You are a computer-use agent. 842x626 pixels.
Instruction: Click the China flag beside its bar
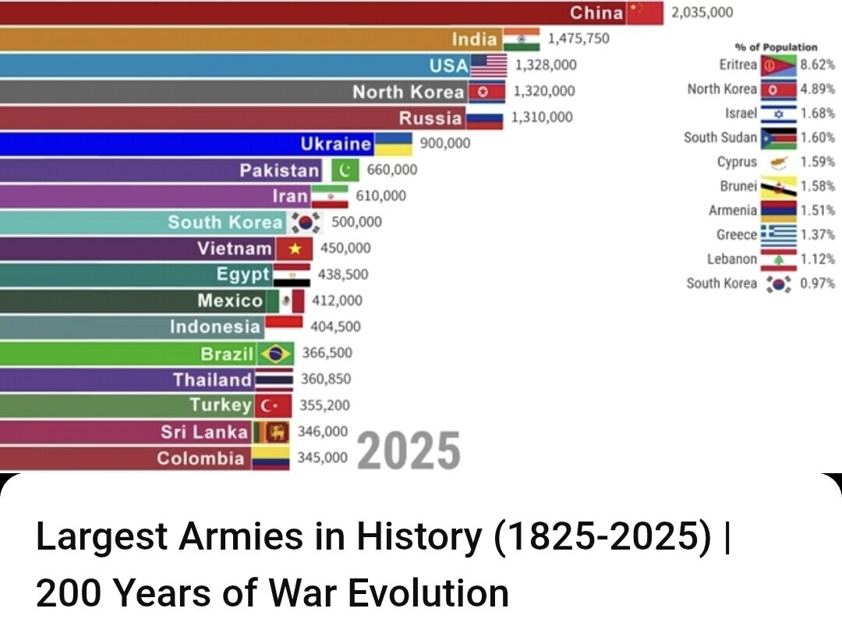click(x=644, y=12)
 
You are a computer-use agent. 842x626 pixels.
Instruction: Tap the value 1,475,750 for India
click(x=578, y=38)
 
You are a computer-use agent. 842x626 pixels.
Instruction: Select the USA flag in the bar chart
click(x=489, y=65)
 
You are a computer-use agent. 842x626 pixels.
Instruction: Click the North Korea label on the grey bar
click(x=408, y=92)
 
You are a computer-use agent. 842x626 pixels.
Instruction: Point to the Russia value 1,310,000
click(x=542, y=118)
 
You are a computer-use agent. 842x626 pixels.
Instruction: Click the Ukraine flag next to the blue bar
click(x=394, y=143)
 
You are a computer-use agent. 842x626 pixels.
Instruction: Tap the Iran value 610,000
click(x=381, y=196)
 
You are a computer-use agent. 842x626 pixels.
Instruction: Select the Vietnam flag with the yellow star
click(x=295, y=249)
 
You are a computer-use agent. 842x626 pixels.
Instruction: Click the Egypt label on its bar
click(x=243, y=274)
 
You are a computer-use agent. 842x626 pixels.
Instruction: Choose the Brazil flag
click(x=275, y=353)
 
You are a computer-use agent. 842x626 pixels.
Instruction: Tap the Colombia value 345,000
click(x=322, y=458)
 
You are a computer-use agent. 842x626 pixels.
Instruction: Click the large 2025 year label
click(x=409, y=451)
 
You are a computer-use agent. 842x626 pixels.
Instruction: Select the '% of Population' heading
click(x=776, y=48)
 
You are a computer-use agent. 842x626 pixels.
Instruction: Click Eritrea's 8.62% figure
click(x=818, y=65)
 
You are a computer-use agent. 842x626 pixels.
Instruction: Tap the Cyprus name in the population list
click(x=737, y=162)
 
